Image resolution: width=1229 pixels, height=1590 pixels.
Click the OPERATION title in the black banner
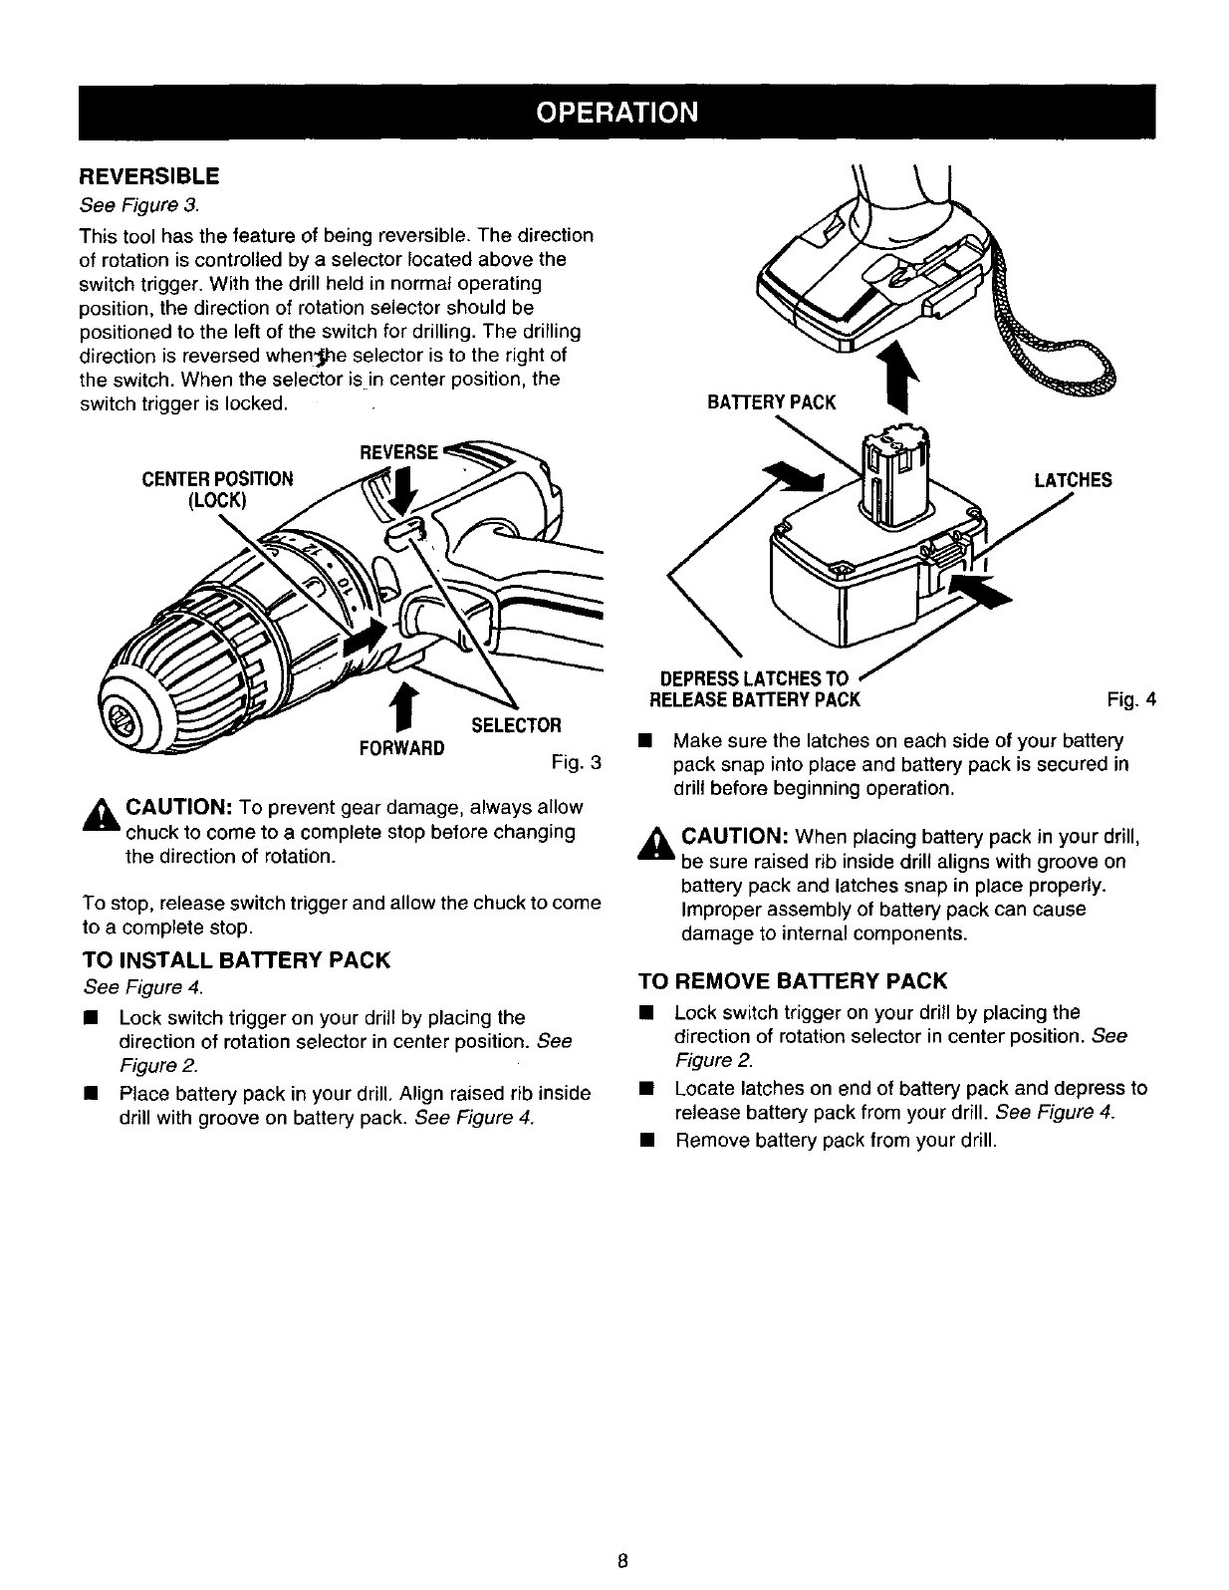tap(614, 111)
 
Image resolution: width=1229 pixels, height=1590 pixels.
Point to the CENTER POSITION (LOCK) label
tap(218, 488)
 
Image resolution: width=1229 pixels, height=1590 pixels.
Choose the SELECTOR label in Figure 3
tap(516, 723)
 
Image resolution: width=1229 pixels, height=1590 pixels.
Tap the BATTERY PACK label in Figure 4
tap(771, 402)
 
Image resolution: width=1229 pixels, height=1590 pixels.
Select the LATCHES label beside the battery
tap(1073, 480)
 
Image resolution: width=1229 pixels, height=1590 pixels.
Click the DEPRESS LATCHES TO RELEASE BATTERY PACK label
tap(754, 689)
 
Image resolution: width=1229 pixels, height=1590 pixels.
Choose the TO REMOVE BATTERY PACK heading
tap(792, 980)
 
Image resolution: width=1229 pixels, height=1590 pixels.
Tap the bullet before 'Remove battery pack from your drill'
tap(646, 1140)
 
